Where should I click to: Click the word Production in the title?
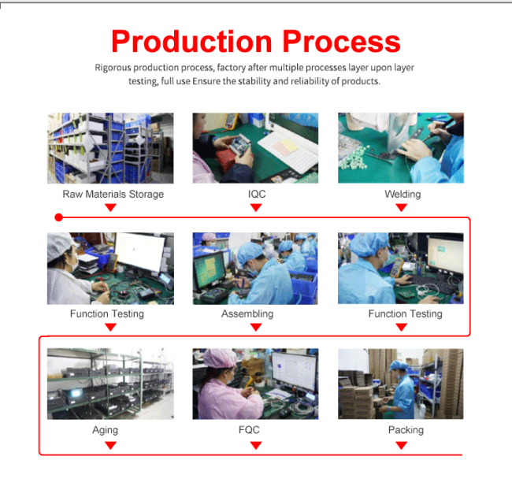[191, 42]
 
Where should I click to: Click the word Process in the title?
[341, 42]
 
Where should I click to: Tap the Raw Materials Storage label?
[113, 194]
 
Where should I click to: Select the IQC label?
[257, 194]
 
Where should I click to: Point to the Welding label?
[403, 194]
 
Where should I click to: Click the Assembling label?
[247, 313]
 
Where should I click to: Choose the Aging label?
[105, 430]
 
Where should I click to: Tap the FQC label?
[249, 430]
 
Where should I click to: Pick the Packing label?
[406, 430]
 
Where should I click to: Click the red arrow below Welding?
[401, 207]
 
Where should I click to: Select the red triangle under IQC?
[256, 207]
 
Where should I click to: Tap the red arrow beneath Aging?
[111, 445]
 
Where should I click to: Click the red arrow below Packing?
[401, 445]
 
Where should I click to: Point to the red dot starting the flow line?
[59, 217]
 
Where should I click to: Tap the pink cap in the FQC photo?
[220, 358]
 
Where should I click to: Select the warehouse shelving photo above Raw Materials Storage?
[110, 148]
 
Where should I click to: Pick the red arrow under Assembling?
[256, 327]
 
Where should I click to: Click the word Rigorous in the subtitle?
[113, 68]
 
